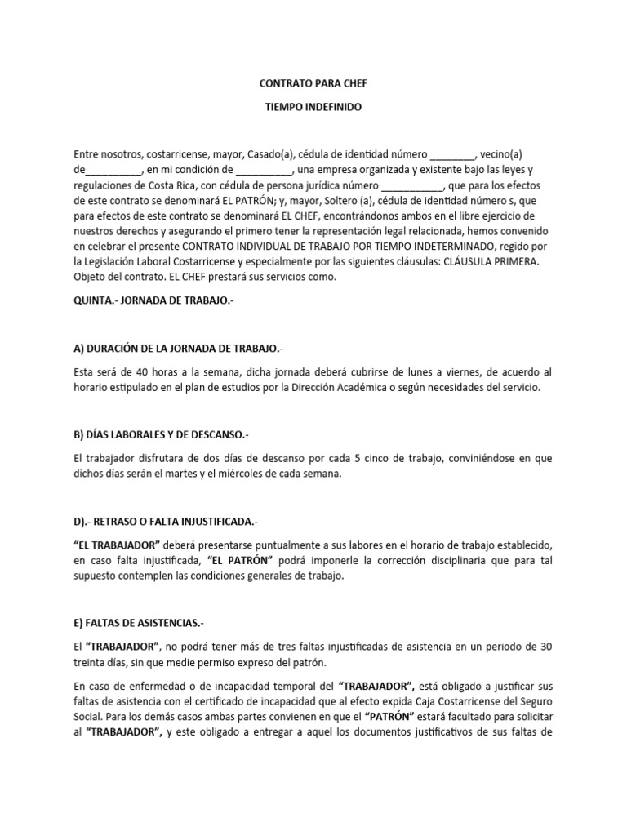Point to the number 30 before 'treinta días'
(545, 647)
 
